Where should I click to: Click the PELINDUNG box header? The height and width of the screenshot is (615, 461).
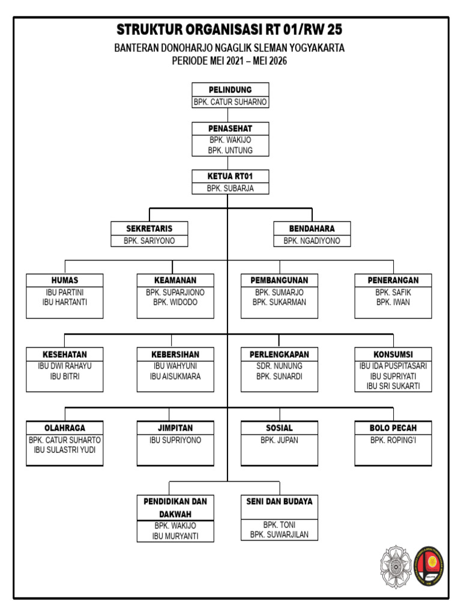coord(230,90)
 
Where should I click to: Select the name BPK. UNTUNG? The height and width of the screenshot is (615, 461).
coord(230,150)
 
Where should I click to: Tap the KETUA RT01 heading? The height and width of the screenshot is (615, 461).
coord(230,176)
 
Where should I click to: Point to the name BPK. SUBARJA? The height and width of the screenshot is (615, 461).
coord(230,188)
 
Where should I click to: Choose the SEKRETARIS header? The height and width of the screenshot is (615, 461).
coord(149,229)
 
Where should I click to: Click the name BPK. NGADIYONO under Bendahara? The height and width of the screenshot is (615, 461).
coord(312,241)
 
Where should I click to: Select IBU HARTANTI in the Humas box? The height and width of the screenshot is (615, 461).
coord(64,302)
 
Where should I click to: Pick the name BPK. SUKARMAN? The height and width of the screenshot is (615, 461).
coord(279,302)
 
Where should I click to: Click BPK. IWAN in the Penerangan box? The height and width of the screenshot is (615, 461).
coord(393,302)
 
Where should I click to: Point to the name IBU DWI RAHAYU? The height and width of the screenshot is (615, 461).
coord(64,366)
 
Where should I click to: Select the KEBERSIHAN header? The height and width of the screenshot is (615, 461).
coord(175,354)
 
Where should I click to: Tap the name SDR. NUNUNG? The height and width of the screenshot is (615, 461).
coord(279,366)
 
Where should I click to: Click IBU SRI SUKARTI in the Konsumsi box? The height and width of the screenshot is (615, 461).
coord(393,386)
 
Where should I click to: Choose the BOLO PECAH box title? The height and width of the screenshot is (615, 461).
coord(393,428)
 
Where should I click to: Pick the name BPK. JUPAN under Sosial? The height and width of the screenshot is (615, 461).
coord(279,440)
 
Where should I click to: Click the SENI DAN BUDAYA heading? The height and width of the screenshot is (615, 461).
coord(279,501)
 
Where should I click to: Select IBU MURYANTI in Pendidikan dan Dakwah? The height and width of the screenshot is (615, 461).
coord(175,536)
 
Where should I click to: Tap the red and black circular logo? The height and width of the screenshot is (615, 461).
coord(430,567)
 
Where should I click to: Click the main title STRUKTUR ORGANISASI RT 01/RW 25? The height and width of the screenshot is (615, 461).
coord(230,29)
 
